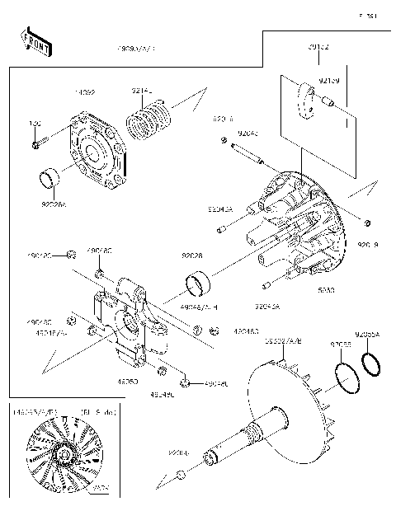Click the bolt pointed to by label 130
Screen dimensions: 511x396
(x=38, y=145)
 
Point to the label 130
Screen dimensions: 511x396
(x=35, y=124)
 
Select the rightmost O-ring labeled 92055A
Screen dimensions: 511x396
(x=370, y=363)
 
